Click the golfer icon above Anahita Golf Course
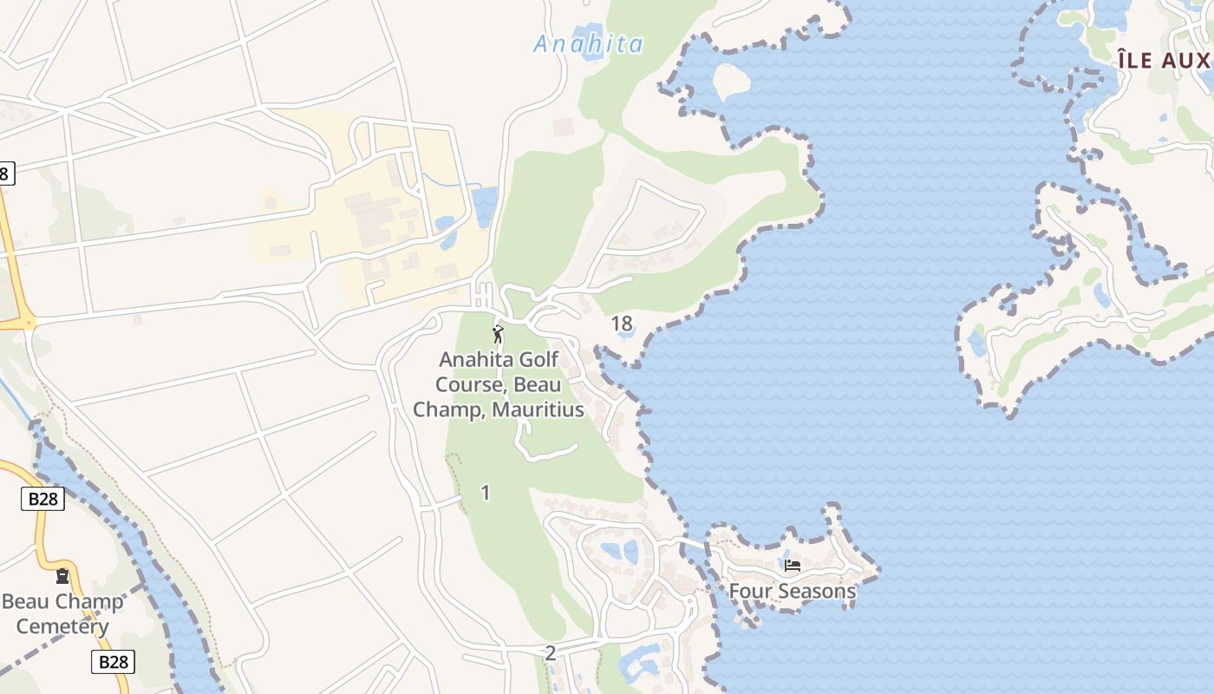[498, 334]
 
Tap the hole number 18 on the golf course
[622, 324]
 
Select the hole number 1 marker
[485, 493]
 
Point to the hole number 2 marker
[550, 653]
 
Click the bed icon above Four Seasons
[792, 566]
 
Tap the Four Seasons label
[792, 592]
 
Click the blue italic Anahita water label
[588, 44]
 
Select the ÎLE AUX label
[1163, 60]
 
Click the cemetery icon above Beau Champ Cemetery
[62, 576]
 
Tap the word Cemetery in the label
[62, 626]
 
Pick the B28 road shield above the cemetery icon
[42, 499]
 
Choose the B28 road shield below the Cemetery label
[113, 662]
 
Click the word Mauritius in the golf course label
[538, 409]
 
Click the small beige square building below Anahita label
[564, 128]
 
